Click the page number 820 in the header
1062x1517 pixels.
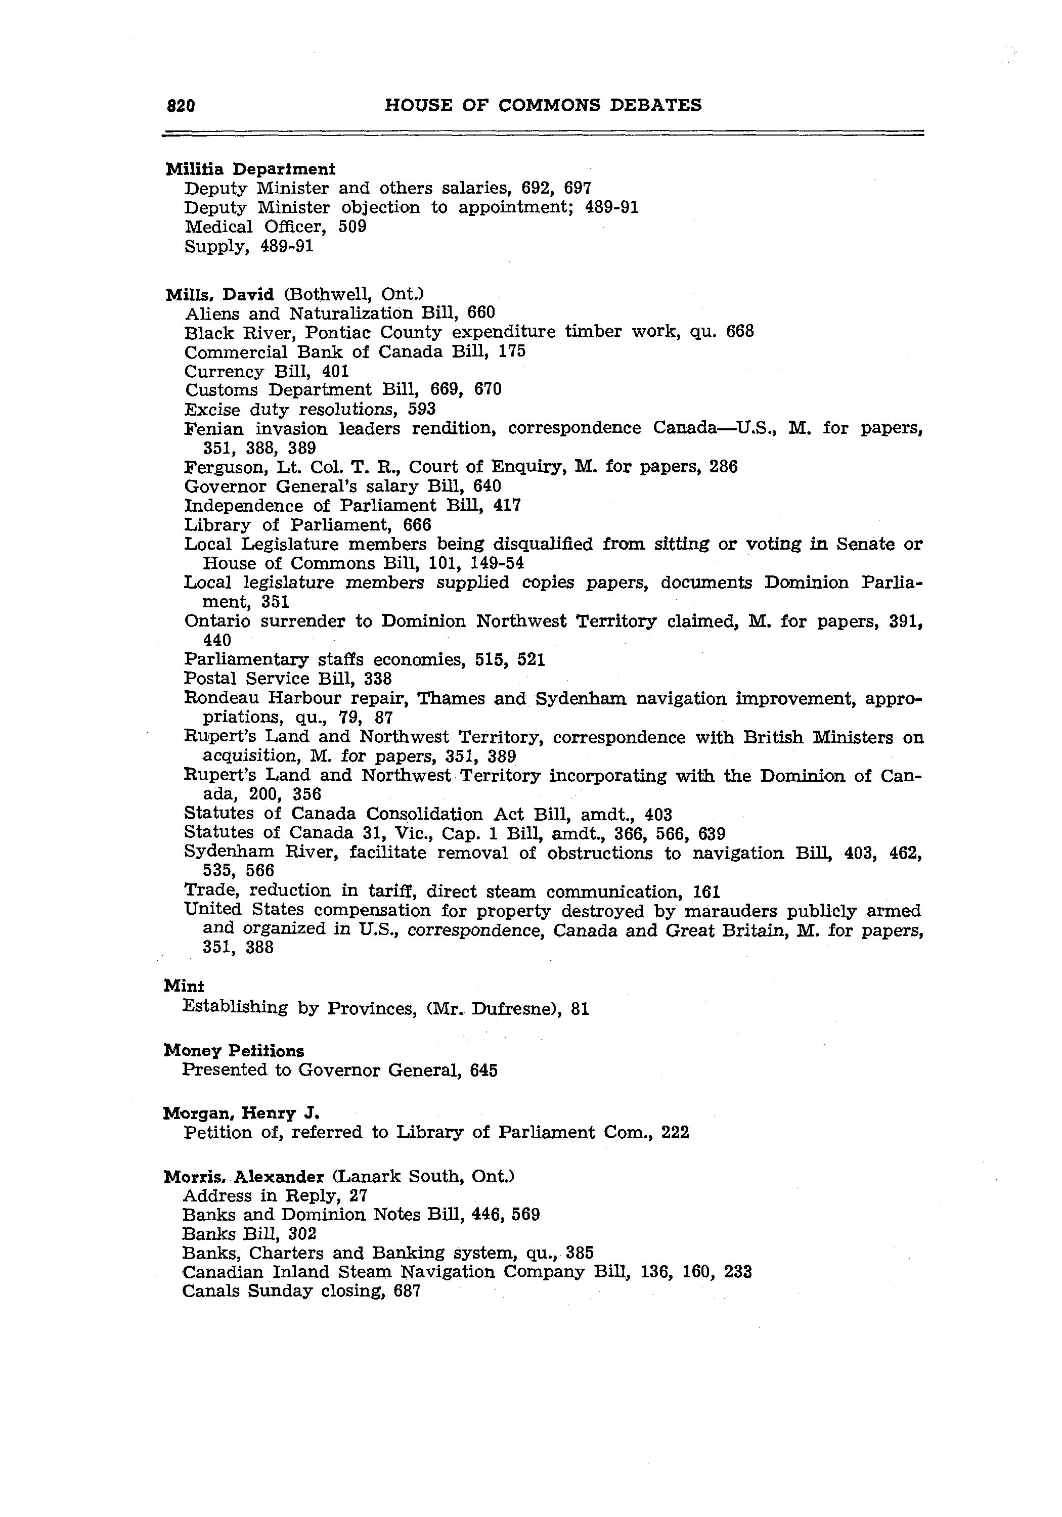(x=181, y=106)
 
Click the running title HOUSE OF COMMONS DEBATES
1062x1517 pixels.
(x=543, y=105)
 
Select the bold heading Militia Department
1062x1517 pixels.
(x=250, y=169)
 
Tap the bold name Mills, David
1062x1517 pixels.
(x=219, y=294)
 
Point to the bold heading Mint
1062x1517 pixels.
(x=184, y=987)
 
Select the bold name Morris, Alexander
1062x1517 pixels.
(x=244, y=1177)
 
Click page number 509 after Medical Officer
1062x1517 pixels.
(x=352, y=227)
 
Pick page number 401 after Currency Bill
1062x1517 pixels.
(x=335, y=371)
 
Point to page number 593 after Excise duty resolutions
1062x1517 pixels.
(x=422, y=410)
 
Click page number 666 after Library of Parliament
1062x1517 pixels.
(x=417, y=525)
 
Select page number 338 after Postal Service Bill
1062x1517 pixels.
(x=377, y=679)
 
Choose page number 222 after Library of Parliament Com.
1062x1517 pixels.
(x=675, y=1133)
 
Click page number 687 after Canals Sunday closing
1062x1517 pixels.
(x=407, y=1291)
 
